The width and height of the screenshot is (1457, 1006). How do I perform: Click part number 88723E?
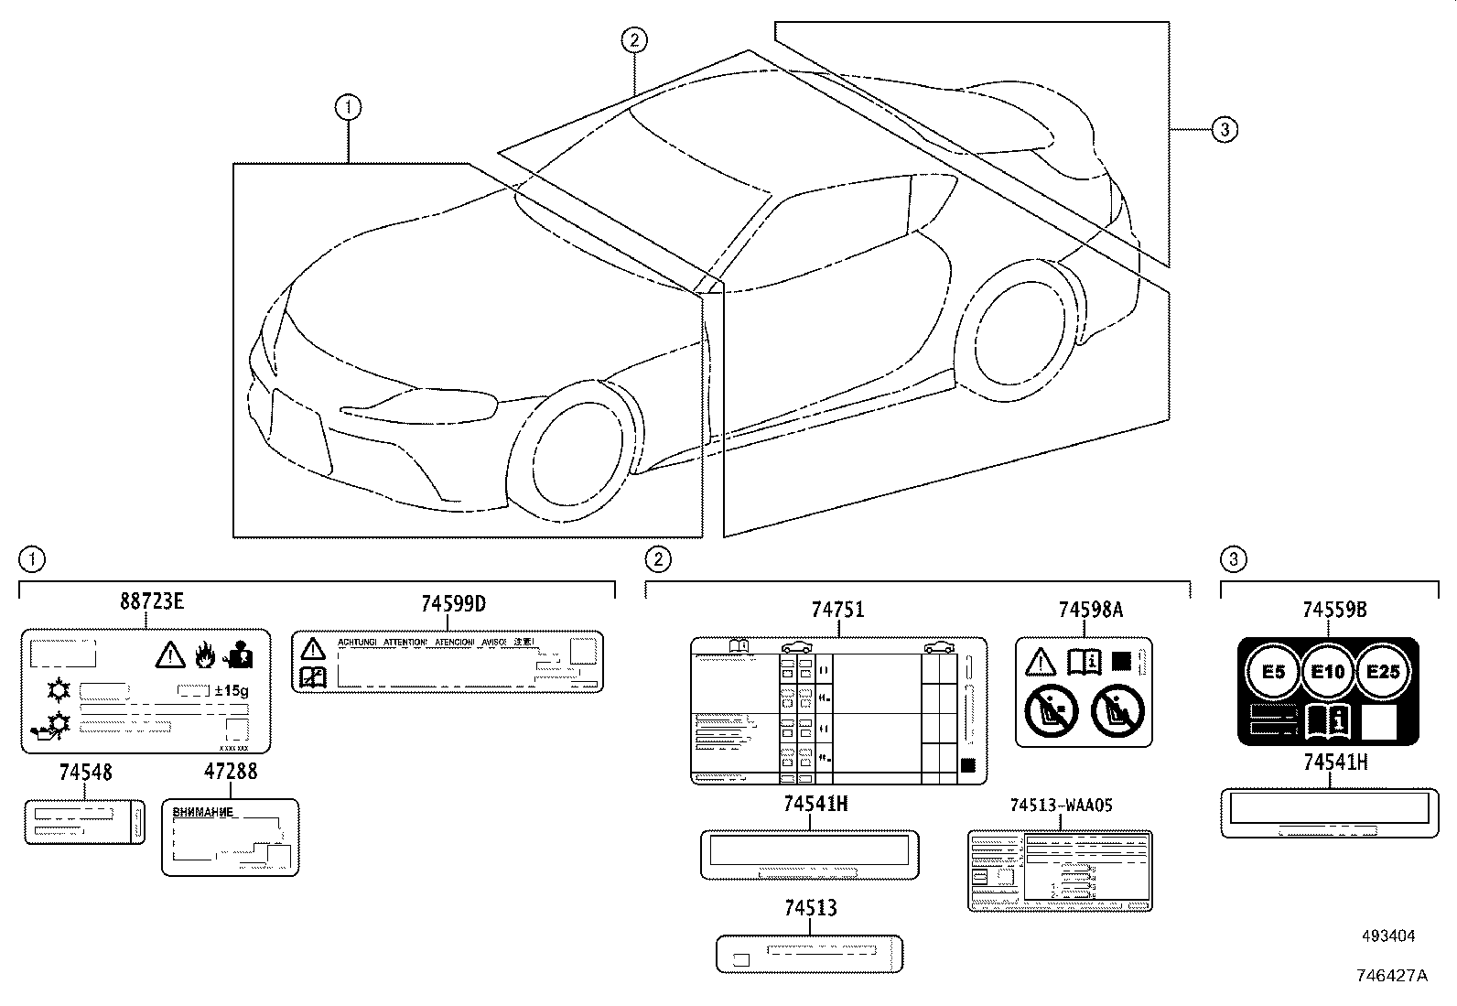152,601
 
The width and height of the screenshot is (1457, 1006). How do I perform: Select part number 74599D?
453,604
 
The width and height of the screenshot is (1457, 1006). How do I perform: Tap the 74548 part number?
85,773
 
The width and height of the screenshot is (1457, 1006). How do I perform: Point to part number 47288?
231,772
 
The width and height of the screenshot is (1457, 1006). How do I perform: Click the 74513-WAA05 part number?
1061,806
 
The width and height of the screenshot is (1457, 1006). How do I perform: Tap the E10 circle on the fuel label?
1328,672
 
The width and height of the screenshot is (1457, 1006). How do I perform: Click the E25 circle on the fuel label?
1383,671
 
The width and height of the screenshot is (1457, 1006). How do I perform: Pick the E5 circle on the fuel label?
1273,672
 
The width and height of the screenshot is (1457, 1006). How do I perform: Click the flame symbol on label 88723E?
204,654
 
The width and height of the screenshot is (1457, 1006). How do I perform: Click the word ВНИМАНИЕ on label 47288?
203,812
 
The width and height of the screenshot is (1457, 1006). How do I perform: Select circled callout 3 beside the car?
1225,130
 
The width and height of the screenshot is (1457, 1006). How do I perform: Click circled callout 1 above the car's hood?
348,108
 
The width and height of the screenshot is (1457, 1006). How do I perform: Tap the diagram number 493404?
1388,936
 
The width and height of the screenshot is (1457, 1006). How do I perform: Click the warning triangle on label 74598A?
1041,660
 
